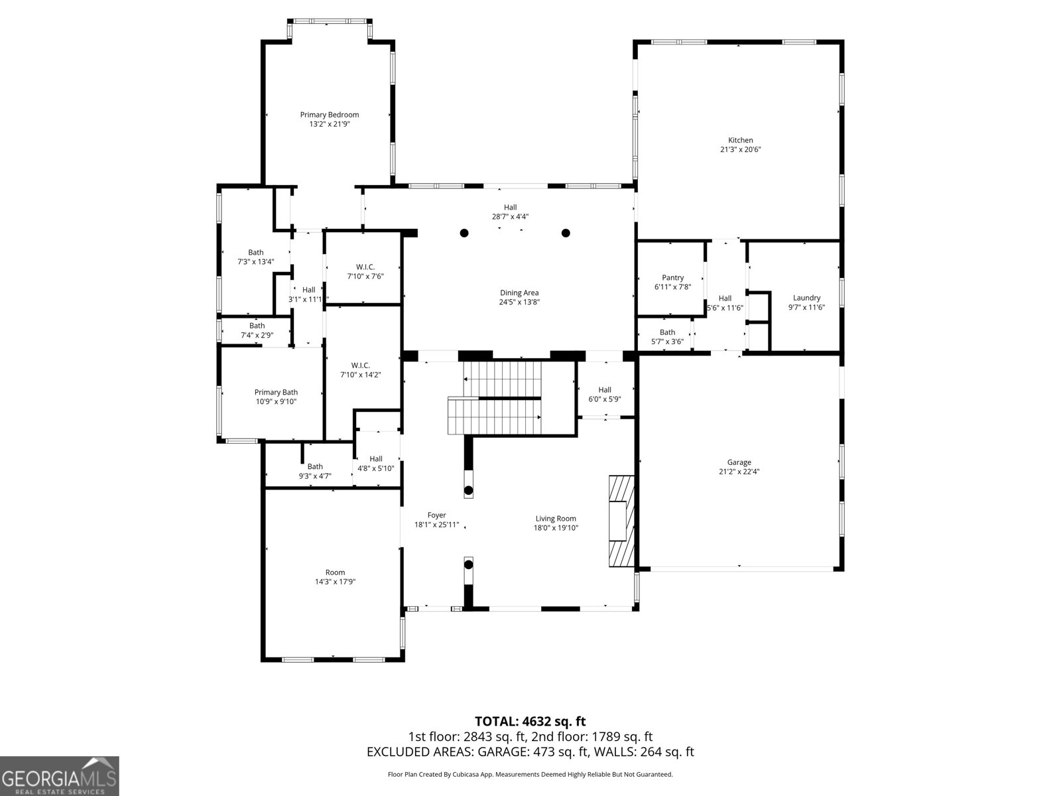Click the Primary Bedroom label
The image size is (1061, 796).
[x=329, y=115]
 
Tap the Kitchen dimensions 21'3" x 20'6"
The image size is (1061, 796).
[x=740, y=149]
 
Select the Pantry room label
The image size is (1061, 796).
[x=672, y=277]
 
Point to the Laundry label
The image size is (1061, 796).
[x=806, y=298]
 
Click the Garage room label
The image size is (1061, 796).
[x=739, y=462]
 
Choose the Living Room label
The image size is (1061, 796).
[x=556, y=519]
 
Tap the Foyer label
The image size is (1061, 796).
[x=436, y=515]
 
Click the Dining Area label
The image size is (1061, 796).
[x=519, y=293]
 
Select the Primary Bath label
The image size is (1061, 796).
[x=276, y=392]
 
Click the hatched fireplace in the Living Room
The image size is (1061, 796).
[x=621, y=521]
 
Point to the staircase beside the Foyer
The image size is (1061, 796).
[x=494, y=398]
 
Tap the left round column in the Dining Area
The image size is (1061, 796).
[x=464, y=233]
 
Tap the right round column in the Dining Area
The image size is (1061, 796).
[x=566, y=233]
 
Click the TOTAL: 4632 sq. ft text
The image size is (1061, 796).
[x=530, y=722]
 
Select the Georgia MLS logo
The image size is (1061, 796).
[x=60, y=776]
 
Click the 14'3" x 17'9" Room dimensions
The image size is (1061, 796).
[x=335, y=582]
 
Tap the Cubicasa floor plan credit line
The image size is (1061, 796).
[x=530, y=774]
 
